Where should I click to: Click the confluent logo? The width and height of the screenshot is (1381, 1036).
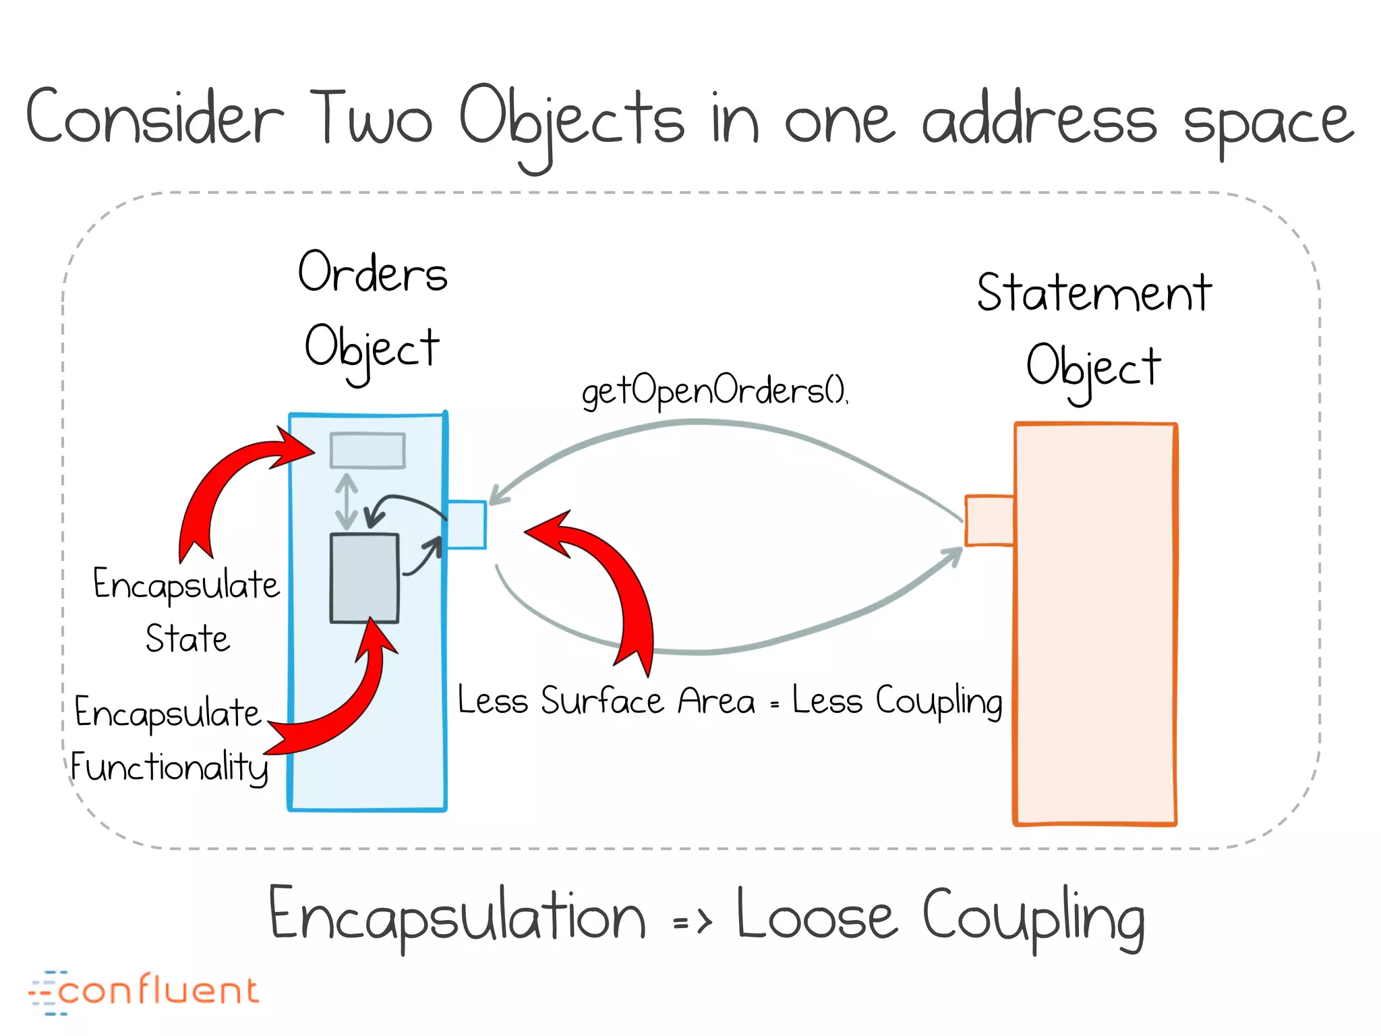(x=144, y=991)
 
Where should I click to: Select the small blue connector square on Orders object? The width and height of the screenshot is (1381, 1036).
(x=467, y=525)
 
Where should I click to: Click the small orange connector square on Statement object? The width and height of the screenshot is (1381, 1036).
(x=989, y=520)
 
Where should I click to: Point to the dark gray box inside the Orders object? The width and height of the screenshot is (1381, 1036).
(x=364, y=578)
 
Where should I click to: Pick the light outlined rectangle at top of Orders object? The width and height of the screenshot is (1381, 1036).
(x=368, y=451)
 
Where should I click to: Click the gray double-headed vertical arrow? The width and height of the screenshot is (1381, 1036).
(x=347, y=501)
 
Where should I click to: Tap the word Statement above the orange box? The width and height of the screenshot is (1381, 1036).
(x=1094, y=293)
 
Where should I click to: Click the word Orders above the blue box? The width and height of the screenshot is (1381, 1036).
(x=373, y=273)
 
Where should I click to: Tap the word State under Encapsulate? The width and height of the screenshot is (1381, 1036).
(x=187, y=638)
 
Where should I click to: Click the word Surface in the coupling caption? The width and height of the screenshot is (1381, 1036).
(x=602, y=701)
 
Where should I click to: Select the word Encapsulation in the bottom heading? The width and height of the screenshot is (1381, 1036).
(x=457, y=915)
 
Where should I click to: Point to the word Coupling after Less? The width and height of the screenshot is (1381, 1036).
(x=939, y=701)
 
